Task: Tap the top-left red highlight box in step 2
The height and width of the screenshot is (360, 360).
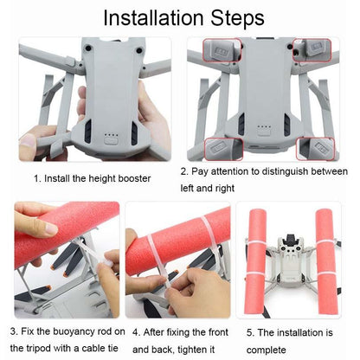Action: coord(222,49)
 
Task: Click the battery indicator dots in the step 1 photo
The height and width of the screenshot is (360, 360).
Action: coord(111,135)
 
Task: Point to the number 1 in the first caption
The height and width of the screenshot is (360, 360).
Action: coord(36,178)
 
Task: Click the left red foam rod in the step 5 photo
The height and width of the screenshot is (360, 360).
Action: coord(259,260)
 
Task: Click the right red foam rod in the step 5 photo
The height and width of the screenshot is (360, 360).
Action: coord(326,260)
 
